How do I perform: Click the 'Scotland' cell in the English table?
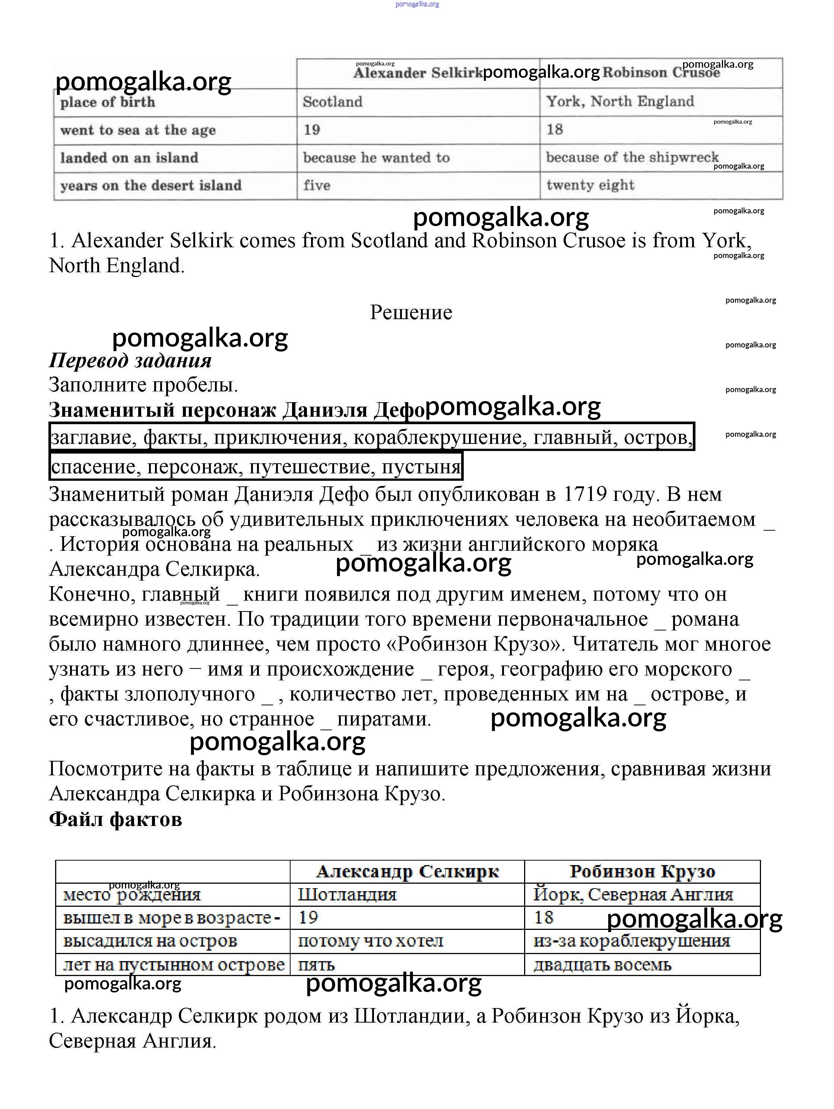(x=333, y=102)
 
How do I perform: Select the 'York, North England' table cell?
(x=620, y=101)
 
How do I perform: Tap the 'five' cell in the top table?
(x=317, y=185)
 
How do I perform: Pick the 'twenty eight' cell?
(x=590, y=185)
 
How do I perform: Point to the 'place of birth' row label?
(x=108, y=102)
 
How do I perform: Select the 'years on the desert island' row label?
(x=151, y=185)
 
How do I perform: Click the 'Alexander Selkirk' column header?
(x=417, y=73)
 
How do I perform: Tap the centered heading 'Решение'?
(x=411, y=312)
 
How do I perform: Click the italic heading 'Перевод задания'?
(x=130, y=360)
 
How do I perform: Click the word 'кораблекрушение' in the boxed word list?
(x=440, y=438)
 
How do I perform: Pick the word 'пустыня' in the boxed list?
(x=421, y=467)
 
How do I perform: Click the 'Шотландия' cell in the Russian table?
(x=347, y=894)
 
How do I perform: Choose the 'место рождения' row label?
(x=132, y=895)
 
